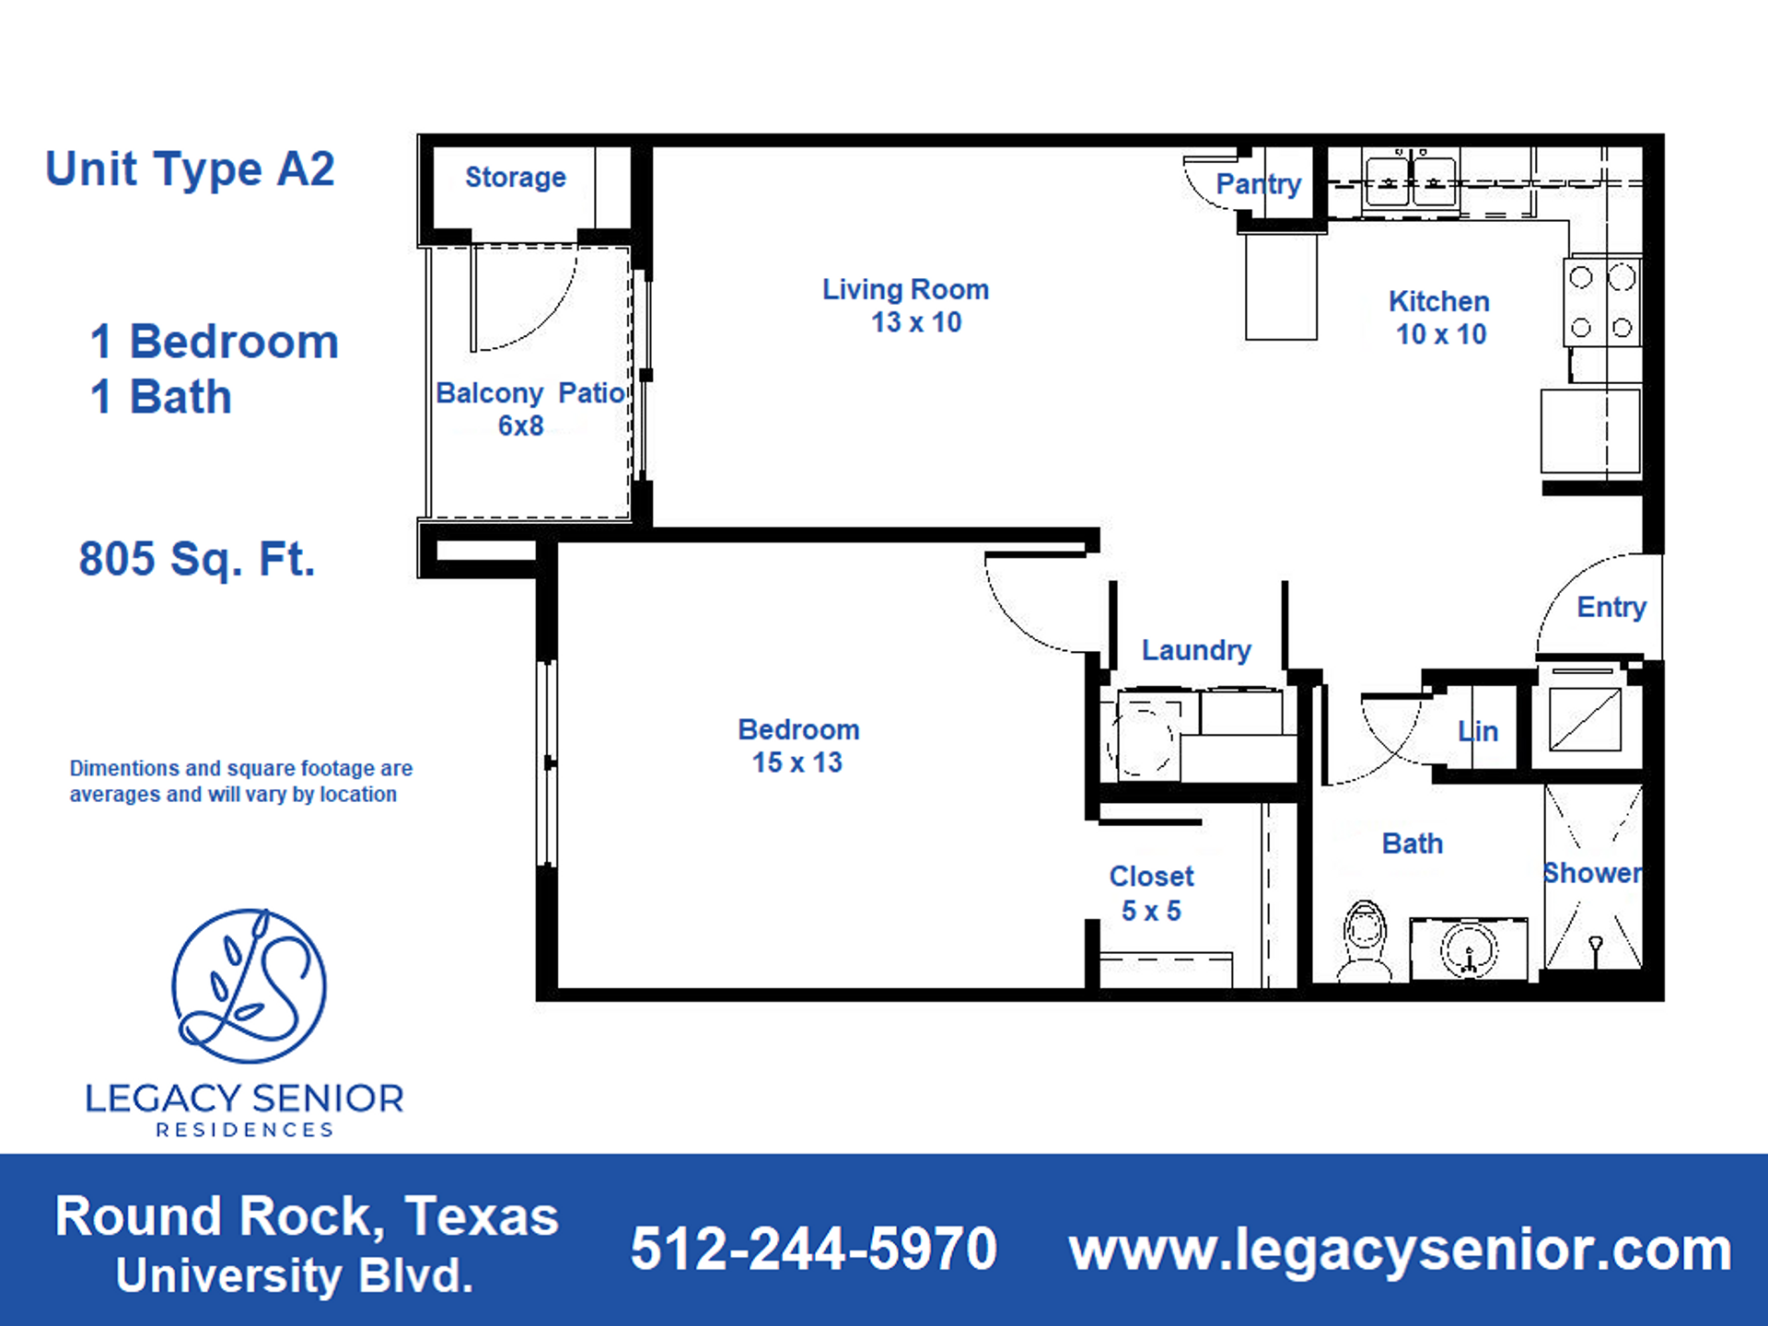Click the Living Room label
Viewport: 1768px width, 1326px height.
coord(905,290)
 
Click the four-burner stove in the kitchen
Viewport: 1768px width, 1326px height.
coord(1601,302)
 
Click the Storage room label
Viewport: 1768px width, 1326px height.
coord(515,178)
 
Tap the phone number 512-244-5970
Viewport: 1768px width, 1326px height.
coord(813,1250)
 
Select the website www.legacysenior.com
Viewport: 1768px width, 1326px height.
coord(1400,1250)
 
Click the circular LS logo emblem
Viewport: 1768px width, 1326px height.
coord(249,985)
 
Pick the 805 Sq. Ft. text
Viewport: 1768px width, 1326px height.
coord(197,559)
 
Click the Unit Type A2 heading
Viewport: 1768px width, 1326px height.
coord(190,169)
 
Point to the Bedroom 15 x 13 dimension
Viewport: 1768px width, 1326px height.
coord(797,762)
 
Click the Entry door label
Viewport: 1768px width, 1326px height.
coord(1611,607)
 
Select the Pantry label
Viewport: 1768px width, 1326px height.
coord(1258,184)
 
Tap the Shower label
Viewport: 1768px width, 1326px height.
coord(1592,873)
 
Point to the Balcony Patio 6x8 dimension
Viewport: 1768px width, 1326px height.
coord(521,425)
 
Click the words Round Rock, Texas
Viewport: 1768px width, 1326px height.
coord(307,1216)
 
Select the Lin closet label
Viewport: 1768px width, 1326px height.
coord(1478,732)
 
